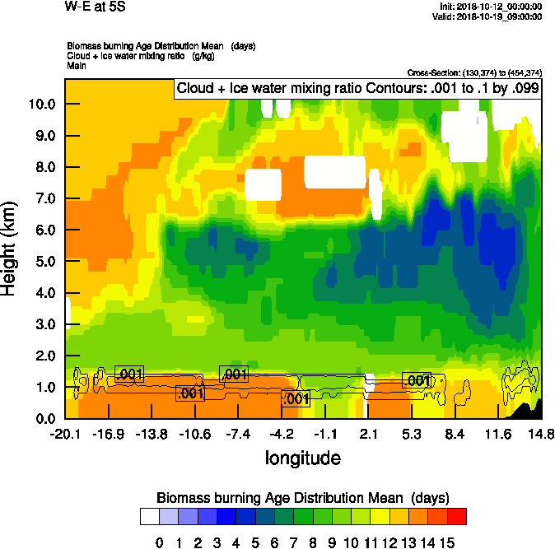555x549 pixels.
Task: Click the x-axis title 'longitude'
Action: pos(302,457)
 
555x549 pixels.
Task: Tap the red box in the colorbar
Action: pos(457,517)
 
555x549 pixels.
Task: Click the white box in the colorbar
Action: pos(149,517)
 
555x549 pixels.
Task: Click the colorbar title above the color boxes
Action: pos(302,498)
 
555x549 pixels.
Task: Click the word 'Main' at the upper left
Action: pos(77,65)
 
